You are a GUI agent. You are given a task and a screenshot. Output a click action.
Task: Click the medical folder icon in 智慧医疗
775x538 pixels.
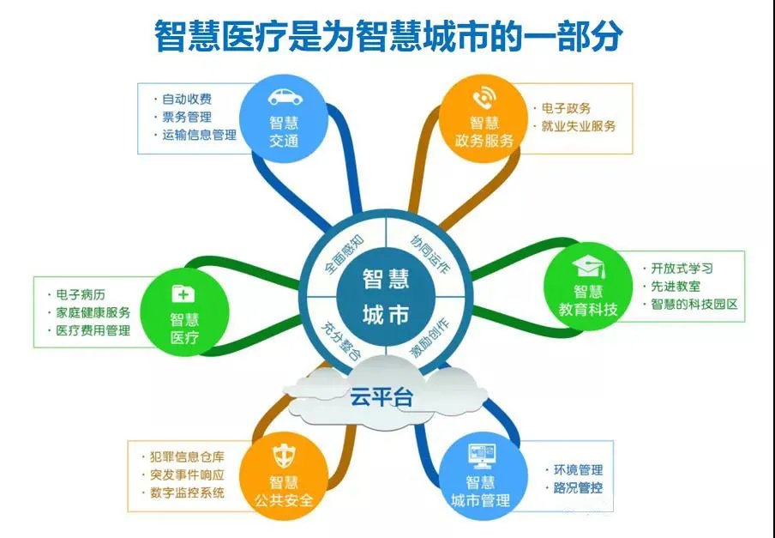[x=183, y=293]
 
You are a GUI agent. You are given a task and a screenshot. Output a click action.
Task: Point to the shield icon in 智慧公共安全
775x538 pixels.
[x=285, y=456]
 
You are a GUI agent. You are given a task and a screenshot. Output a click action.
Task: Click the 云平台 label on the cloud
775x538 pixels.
[x=381, y=396]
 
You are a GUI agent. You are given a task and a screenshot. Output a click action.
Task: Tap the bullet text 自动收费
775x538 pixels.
[x=187, y=99]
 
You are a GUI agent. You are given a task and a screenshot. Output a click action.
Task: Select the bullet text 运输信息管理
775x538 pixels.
[x=199, y=135]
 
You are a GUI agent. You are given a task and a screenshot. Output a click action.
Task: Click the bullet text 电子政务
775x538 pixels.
[x=566, y=108]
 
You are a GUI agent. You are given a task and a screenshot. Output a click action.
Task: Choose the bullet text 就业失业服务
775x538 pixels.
[x=579, y=126]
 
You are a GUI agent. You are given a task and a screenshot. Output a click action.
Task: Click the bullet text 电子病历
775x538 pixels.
[x=81, y=294]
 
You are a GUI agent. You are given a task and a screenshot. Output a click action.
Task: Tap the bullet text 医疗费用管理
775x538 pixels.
[x=93, y=330]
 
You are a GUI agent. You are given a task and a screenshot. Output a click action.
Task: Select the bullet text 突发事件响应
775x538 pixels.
[x=187, y=475]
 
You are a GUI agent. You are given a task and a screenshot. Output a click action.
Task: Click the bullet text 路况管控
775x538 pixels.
[x=578, y=487]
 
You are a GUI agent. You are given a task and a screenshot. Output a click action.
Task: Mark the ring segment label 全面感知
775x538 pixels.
[x=345, y=254]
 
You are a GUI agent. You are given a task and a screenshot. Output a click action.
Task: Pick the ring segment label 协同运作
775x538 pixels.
[x=430, y=255]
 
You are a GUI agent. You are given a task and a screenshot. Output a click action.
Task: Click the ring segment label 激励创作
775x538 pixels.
[x=429, y=339]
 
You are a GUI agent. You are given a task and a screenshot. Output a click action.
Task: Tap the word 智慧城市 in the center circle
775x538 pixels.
[x=386, y=297]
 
